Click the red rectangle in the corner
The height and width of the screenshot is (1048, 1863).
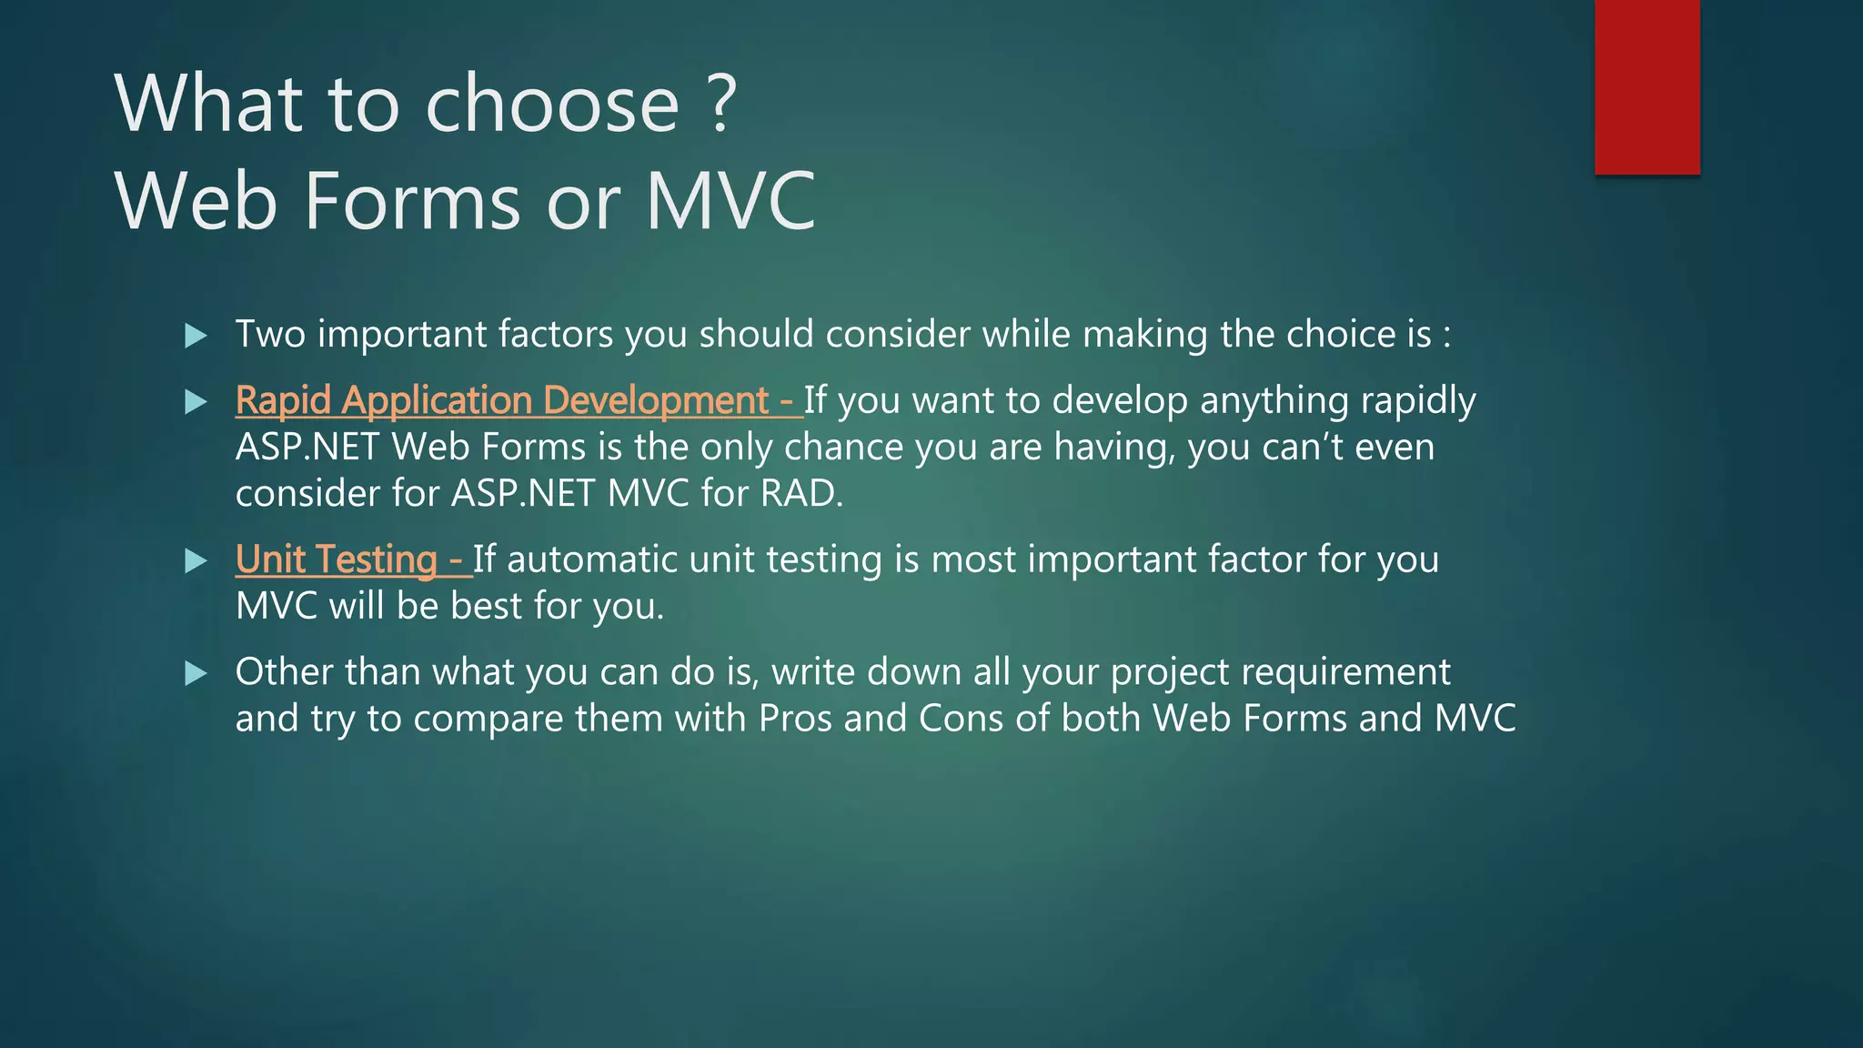pos(1646,86)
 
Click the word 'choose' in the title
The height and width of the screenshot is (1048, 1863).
pos(552,105)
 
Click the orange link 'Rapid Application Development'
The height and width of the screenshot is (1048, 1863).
pos(503,401)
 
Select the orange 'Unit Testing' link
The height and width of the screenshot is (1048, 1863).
pos(337,559)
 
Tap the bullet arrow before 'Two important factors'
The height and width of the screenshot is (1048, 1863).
pos(196,336)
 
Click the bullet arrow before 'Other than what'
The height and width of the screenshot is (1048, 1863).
pos(196,673)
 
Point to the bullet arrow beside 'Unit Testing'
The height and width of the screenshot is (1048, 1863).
pos(196,560)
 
